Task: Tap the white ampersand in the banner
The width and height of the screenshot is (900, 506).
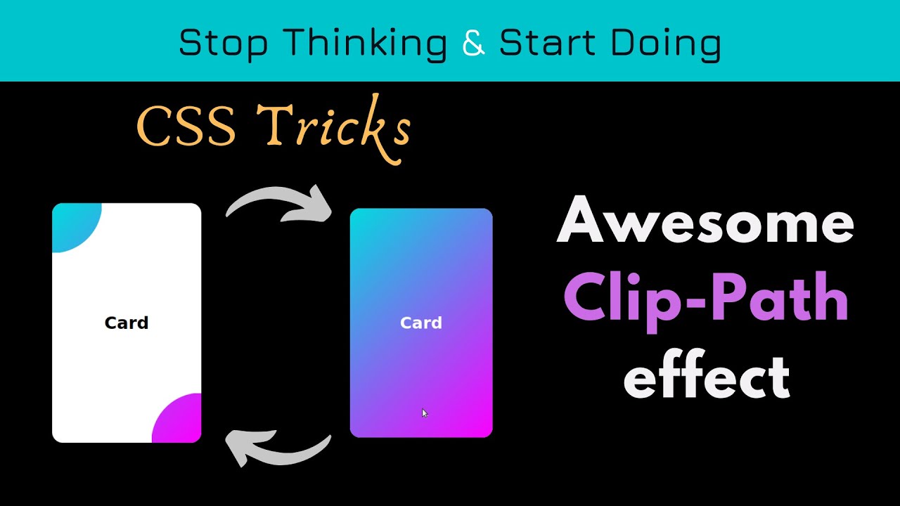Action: point(474,44)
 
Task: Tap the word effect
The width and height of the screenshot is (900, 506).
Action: point(707,377)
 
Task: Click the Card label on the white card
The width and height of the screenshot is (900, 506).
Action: point(127,323)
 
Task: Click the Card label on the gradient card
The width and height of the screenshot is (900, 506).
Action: point(421,323)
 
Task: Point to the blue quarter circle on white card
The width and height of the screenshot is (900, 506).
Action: point(72,223)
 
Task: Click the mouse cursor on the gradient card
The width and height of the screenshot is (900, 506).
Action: point(424,413)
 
